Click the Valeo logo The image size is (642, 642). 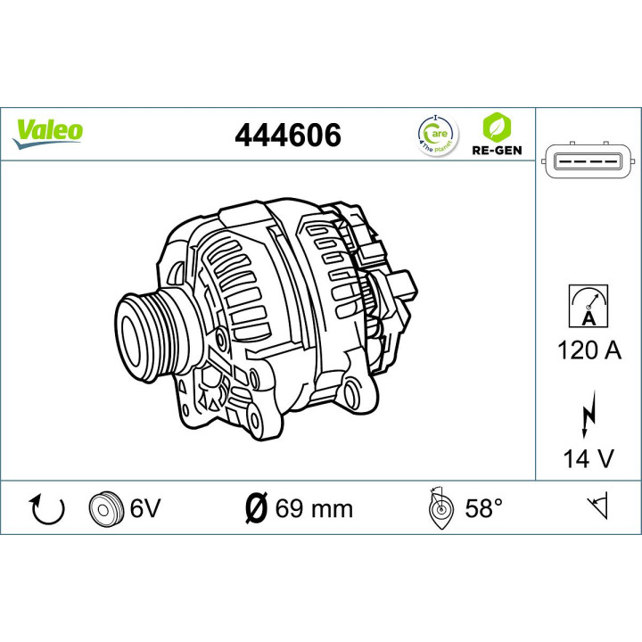[49, 130]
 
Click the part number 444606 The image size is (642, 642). [287, 135]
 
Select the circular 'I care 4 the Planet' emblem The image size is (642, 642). [436, 134]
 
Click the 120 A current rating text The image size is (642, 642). [588, 350]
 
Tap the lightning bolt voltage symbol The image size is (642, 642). [588, 413]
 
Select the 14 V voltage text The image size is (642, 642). [588, 458]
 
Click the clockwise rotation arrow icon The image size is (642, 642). [47, 509]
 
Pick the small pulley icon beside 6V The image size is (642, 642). [105, 509]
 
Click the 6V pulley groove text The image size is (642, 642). [144, 509]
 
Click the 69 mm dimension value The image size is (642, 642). [314, 509]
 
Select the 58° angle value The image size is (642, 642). [484, 509]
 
